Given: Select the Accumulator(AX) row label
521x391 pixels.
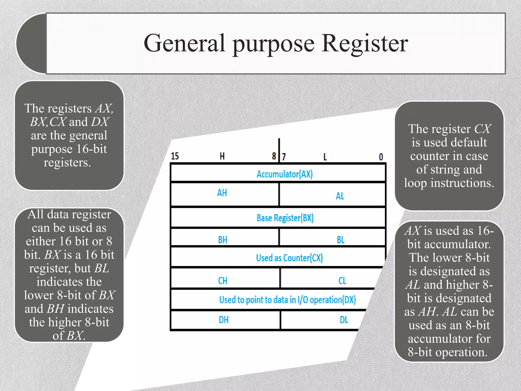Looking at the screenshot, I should pyautogui.click(x=284, y=174).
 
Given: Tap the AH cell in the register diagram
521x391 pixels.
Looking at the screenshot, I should pyautogui.click(x=222, y=193).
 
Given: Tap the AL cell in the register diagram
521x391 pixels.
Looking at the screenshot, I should pyautogui.click(x=340, y=196).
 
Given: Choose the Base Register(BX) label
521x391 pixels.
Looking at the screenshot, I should pyautogui.click(x=285, y=218).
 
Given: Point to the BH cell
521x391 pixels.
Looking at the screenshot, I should pyautogui.click(x=223, y=240).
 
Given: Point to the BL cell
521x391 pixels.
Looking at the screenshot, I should pyautogui.click(x=341, y=240).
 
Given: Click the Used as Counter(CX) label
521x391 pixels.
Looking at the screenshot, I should pyautogui.click(x=289, y=258).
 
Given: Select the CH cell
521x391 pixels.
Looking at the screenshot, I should pyautogui.click(x=223, y=281).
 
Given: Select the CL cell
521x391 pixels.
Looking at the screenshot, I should pyautogui.click(x=342, y=281).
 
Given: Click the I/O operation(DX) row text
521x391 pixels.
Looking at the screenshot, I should pyautogui.click(x=287, y=300).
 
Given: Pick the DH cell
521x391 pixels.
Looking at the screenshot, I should pyautogui.click(x=224, y=320).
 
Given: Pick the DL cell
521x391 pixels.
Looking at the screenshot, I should pyautogui.click(x=344, y=320).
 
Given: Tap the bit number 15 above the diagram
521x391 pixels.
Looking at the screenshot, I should pyautogui.click(x=175, y=156).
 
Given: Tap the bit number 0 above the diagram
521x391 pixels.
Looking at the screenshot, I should pyautogui.click(x=381, y=157).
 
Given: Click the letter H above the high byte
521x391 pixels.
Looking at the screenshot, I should pyautogui.click(x=222, y=156).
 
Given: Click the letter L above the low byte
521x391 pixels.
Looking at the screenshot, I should pyautogui.click(x=325, y=157).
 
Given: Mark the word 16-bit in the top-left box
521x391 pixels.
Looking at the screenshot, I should pyautogui.click(x=91, y=149).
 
